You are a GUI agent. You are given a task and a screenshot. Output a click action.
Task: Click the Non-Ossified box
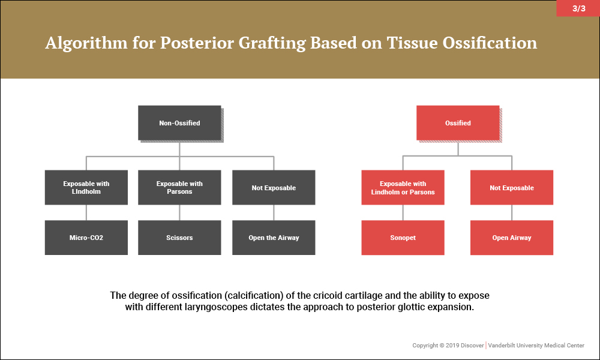[x=179, y=123]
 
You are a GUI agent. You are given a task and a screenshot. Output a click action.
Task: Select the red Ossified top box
[x=458, y=123]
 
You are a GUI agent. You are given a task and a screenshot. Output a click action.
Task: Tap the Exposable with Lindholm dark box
[x=86, y=187]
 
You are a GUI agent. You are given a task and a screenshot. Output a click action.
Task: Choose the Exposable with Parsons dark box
[x=179, y=187]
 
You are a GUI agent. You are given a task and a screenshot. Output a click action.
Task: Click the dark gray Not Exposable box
[x=274, y=187]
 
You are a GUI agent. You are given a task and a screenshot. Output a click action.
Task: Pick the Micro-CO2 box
[x=86, y=238]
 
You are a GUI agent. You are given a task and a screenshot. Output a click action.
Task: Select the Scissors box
[x=179, y=238]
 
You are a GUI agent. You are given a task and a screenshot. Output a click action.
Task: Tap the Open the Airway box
[x=274, y=238]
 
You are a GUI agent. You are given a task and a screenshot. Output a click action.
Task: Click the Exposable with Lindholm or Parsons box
[x=403, y=187]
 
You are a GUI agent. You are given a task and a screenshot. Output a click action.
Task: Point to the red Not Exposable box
[x=512, y=187]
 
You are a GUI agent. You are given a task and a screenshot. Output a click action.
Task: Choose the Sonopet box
[x=403, y=238]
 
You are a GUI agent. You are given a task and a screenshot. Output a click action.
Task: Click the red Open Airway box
[x=512, y=238]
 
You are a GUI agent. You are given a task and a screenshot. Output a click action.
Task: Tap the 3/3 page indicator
[x=578, y=8]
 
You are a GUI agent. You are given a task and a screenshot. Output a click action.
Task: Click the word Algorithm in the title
[x=86, y=43]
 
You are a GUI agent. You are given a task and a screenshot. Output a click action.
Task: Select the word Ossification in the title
[x=490, y=43]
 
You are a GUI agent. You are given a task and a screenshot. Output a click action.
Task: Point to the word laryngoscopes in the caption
[x=216, y=307]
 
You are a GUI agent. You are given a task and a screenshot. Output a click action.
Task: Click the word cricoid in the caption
[x=328, y=295]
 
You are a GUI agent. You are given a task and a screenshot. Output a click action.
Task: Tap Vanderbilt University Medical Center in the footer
[x=536, y=346]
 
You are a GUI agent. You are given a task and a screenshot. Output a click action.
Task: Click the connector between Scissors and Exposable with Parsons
[x=179, y=212]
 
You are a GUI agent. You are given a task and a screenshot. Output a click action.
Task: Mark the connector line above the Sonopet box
[x=403, y=212]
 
